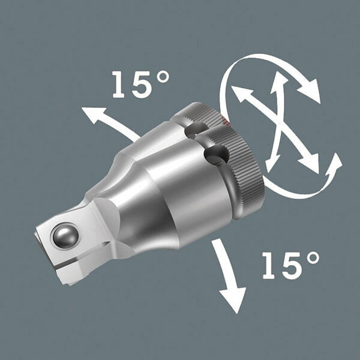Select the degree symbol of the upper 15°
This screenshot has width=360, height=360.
click(x=163, y=77)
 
